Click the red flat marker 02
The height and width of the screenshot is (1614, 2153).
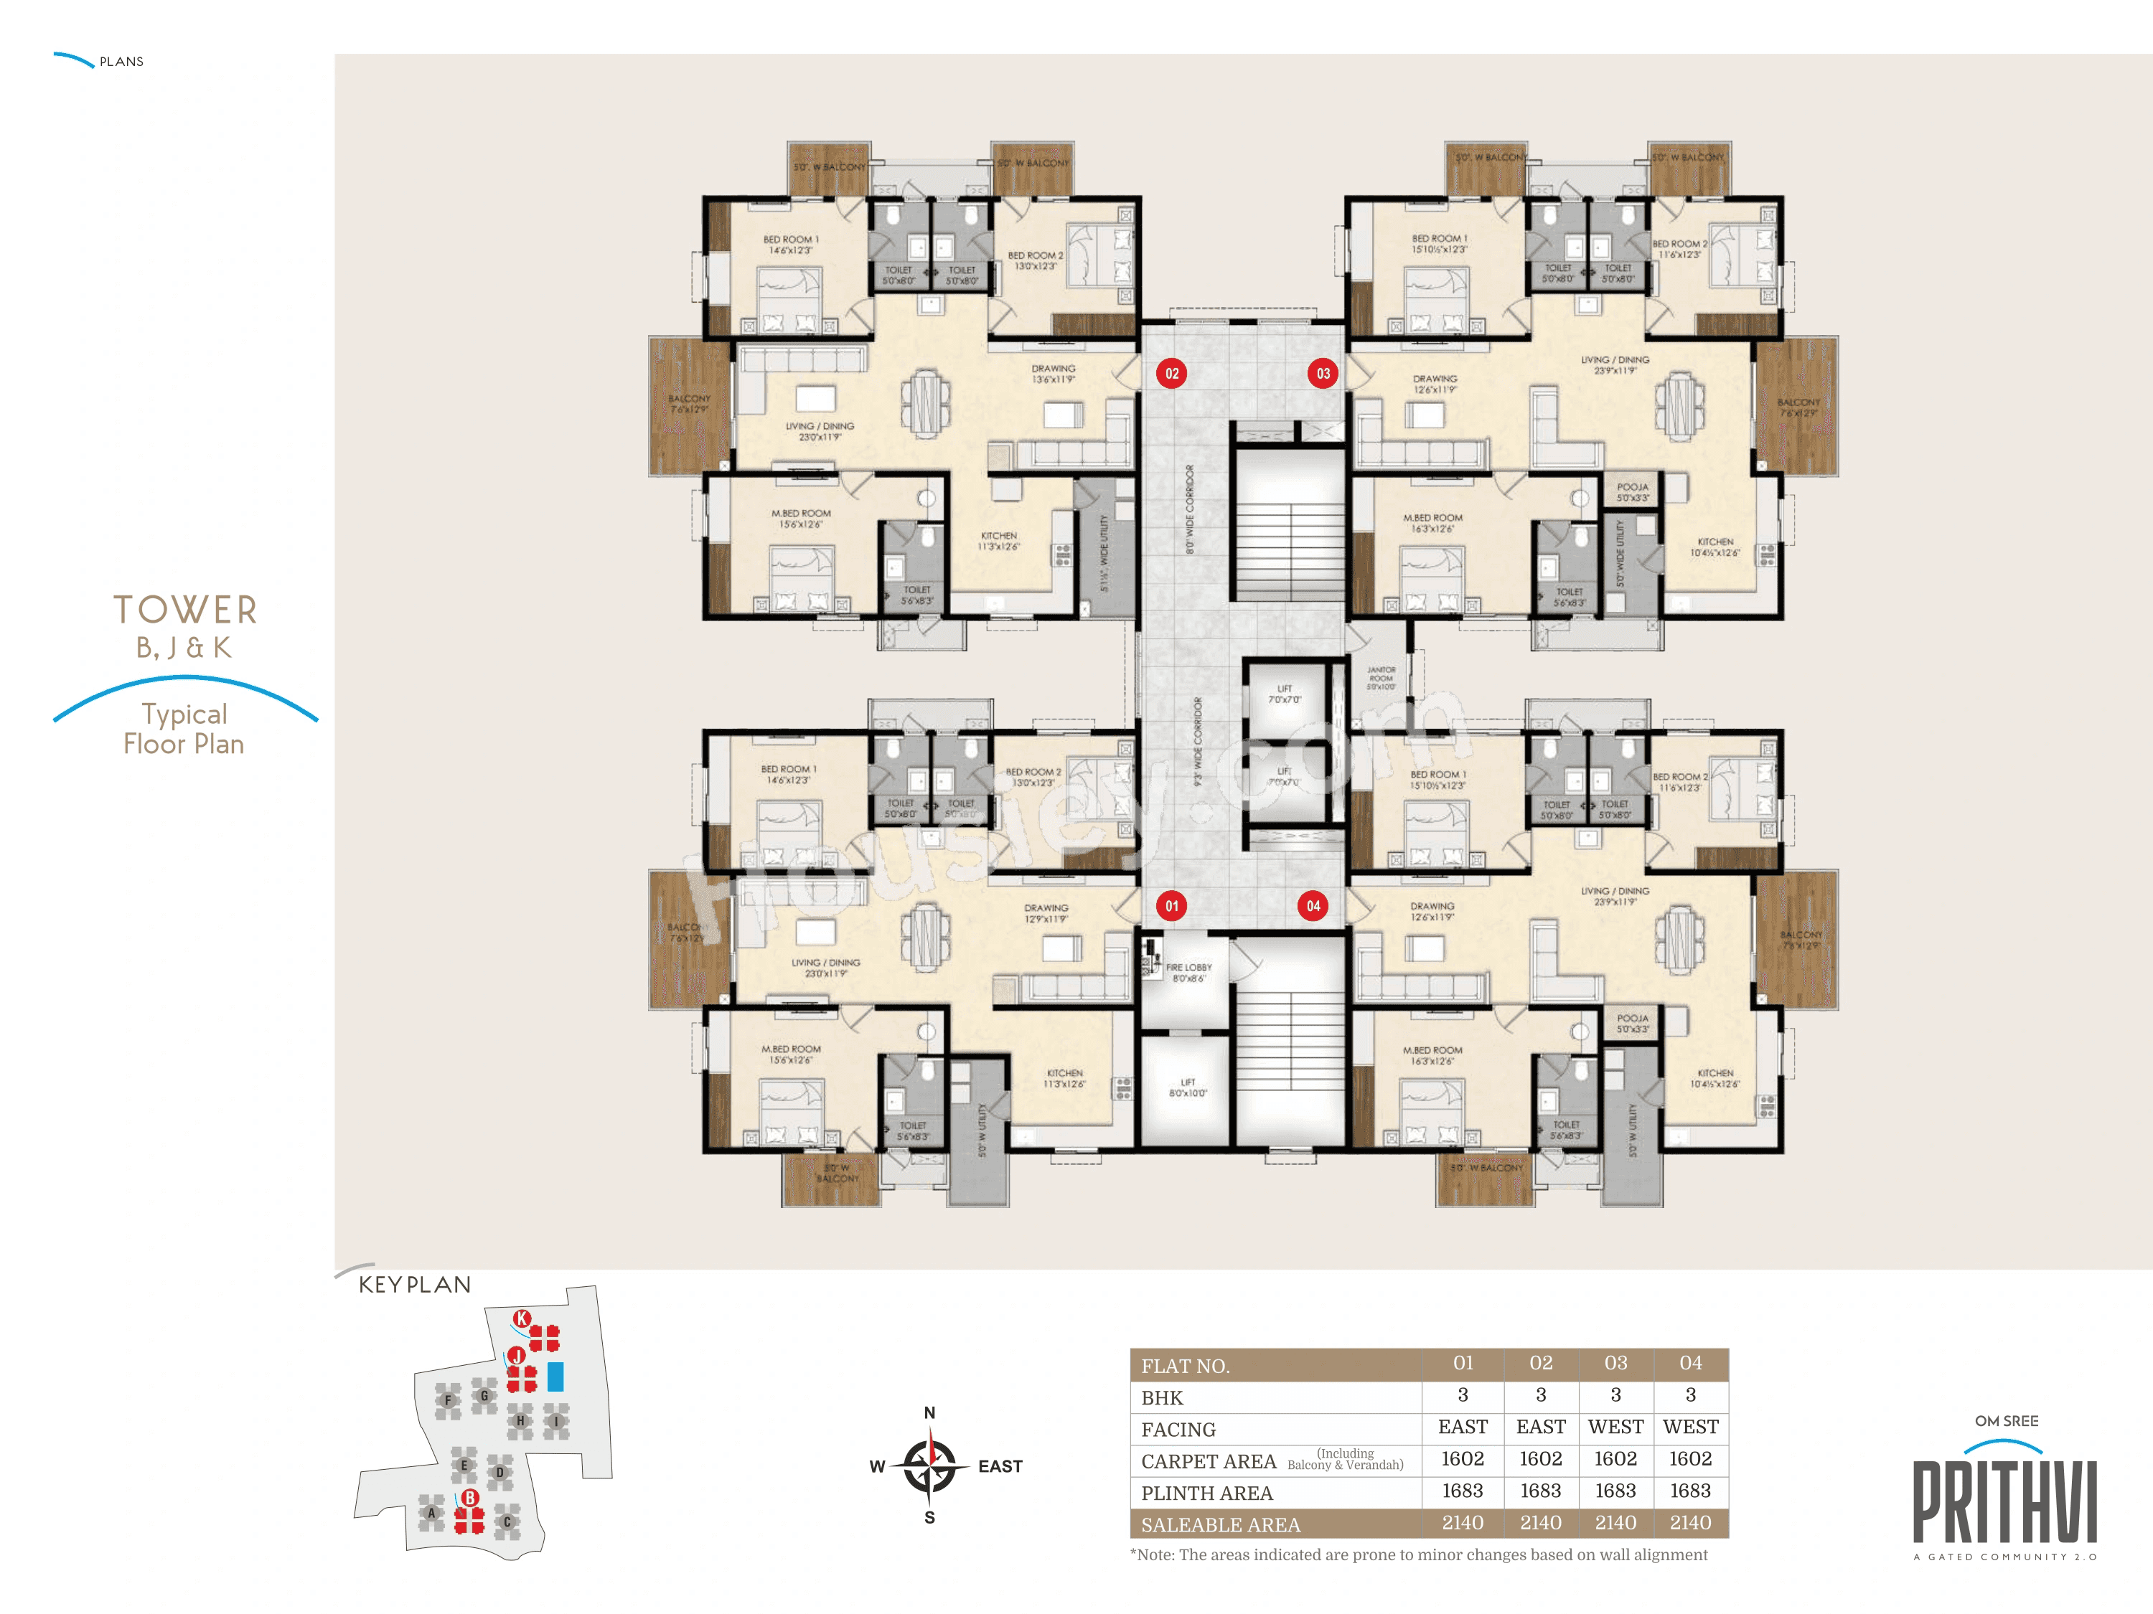(x=1172, y=374)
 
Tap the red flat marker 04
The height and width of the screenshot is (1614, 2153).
(x=1313, y=906)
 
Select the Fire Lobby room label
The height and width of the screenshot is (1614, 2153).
(x=1188, y=973)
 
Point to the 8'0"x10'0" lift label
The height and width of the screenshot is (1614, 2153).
(x=1188, y=1087)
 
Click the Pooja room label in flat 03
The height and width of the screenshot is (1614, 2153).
(x=1632, y=492)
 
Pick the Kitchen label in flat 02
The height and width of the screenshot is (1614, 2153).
(x=999, y=541)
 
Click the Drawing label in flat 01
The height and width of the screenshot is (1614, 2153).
(x=1046, y=912)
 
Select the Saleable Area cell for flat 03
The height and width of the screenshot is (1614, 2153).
(x=1615, y=1523)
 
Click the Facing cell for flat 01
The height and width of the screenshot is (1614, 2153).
(x=1462, y=1427)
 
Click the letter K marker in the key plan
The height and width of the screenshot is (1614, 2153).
(x=522, y=1318)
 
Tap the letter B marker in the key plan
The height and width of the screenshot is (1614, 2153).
(x=470, y=1497)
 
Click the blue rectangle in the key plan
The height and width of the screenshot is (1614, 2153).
(x=555, y=1376)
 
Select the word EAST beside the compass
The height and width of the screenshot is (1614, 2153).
(x=1000, y=1466)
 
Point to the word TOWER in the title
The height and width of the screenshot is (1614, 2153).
(x=185, y=610)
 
